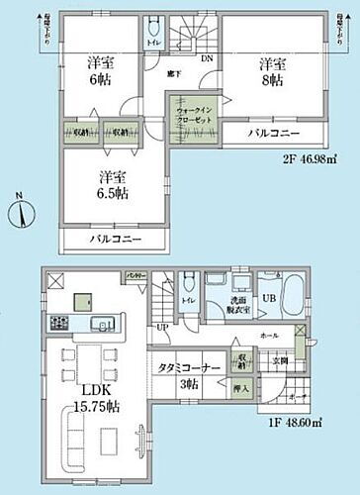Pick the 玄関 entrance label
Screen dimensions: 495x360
(281, 360)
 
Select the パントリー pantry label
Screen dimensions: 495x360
(135, 276)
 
